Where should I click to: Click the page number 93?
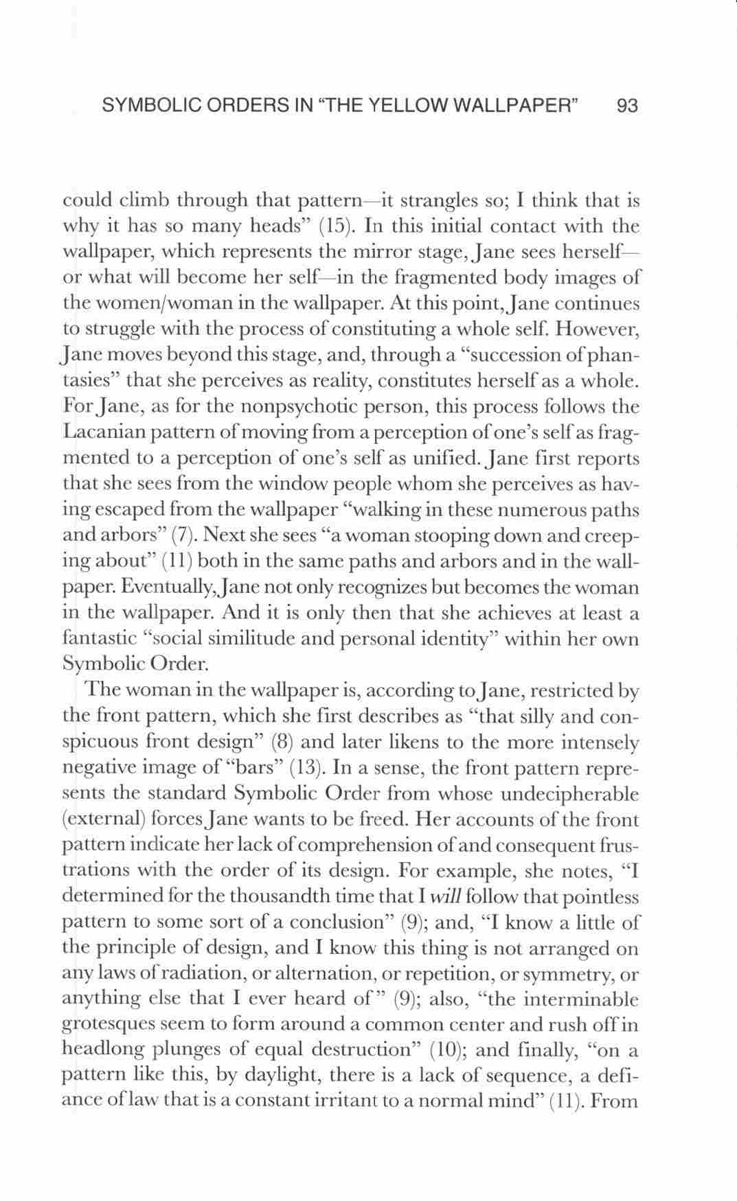(628, 106)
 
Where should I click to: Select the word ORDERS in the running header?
(231, 106)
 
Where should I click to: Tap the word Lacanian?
(100, 432)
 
